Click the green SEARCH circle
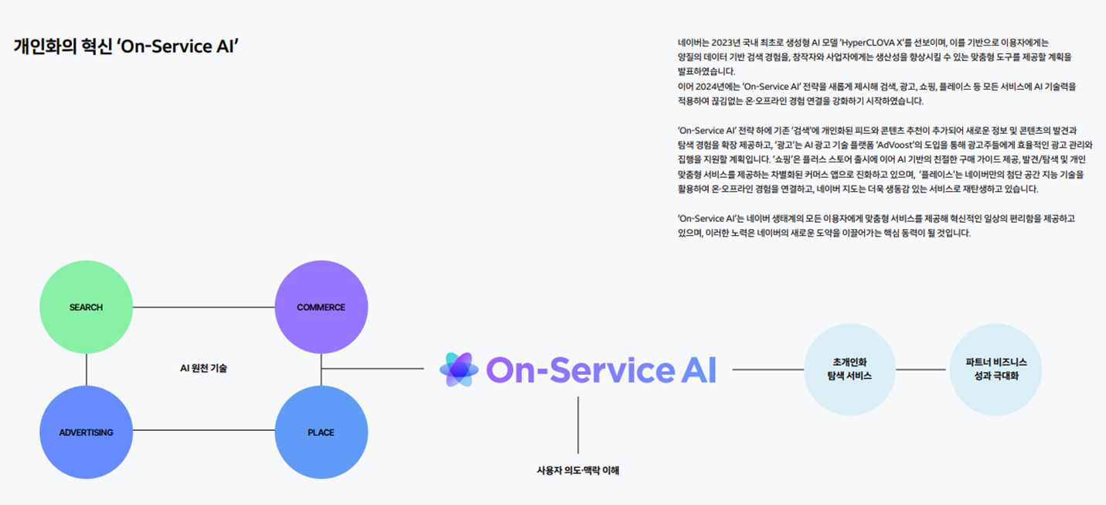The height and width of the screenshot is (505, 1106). pos(86,307)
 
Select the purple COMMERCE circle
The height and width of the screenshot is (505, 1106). pos(321,307)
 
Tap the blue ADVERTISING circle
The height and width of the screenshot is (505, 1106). pos(86,432)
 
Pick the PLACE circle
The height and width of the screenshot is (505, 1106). pos(321,432)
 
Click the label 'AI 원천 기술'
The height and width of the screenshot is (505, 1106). pos(203,368)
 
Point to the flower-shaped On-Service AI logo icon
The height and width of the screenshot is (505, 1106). pos(459,370)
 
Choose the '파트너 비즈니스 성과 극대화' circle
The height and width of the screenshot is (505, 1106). pos(996,370)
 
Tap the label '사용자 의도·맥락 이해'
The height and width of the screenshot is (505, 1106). pos(578,469)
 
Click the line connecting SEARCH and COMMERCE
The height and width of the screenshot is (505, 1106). pos(203,307)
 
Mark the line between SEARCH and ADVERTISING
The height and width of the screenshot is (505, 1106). pos(86,370)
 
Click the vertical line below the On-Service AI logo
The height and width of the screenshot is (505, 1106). pos(578,425)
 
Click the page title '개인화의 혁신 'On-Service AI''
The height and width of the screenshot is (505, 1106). pos(125,46)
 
